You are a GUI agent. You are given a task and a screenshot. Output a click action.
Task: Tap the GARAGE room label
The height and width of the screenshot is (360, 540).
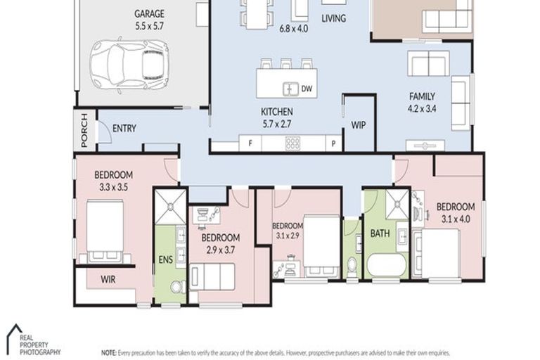point(149,13)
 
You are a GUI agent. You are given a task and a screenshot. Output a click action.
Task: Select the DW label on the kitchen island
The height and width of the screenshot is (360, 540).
point(307,89)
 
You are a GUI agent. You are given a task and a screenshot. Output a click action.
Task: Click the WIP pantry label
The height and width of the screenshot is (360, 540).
point(357,125)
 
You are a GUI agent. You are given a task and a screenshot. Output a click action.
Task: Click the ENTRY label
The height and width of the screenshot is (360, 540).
point(124,129)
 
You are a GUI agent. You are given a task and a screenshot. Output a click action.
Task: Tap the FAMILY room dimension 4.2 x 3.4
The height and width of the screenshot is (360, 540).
point(423,109)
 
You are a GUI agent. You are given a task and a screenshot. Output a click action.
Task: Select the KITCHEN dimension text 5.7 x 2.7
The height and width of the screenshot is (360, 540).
point(276,123)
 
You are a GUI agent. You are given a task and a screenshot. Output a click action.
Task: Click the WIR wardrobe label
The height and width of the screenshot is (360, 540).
point(108,279)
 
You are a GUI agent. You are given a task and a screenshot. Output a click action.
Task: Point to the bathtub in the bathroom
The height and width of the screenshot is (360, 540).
point(385,266)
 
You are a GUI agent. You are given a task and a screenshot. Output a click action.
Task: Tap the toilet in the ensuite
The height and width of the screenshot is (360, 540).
point(177,286)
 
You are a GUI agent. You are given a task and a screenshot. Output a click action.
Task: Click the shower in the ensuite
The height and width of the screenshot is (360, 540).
point(170,206)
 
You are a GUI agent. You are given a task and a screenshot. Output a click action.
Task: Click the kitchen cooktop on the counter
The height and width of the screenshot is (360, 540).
point(292,143)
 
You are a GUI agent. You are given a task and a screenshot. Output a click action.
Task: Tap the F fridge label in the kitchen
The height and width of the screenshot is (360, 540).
point(250,144)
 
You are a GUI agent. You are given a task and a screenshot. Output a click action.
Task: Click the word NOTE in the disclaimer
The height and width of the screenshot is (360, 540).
point(109,351)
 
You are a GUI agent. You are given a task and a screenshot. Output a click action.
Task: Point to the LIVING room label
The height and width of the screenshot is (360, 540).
point(333,18)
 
